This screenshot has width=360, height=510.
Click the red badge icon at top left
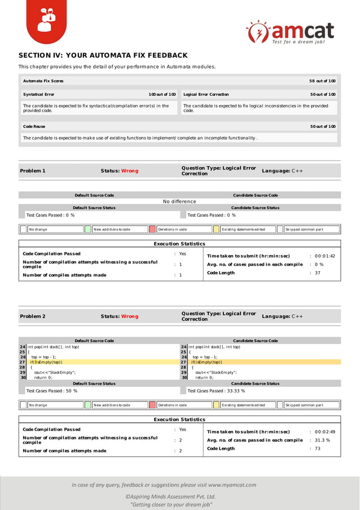(x=47, y=21)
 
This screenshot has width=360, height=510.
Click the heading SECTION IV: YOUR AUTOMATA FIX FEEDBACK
(x=103, y=55)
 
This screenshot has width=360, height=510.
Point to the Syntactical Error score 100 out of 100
(x=162, y=94)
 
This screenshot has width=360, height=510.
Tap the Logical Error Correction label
(x=207, y=94)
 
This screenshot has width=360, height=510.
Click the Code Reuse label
(x=34, y=127)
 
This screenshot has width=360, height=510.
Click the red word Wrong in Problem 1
(x=129, y=171)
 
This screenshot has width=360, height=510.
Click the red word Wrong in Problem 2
(x=129, y=316)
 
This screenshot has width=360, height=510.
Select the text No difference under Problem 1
(x=179, y=202)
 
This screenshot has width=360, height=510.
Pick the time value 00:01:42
(x=324, y=256)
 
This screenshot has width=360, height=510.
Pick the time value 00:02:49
(x=324, y=431)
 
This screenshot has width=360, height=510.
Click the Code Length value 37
(x=317, y=273)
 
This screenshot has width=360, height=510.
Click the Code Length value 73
(x=317, y=448)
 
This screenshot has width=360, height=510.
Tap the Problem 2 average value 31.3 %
(x=322, y=440)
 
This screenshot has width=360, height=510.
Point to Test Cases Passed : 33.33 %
(x=216, y=390)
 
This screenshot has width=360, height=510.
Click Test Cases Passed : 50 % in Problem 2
(x=51, y=390)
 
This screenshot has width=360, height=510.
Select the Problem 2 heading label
(x=33, y=316)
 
